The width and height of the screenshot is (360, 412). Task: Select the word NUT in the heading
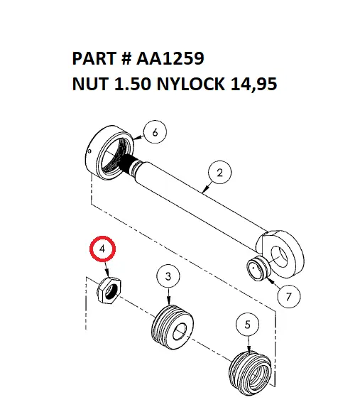click(x=91, y=85)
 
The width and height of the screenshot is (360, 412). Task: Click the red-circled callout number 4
click(x=103, y=249)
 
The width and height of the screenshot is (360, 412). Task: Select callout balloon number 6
click(x=157, y=131)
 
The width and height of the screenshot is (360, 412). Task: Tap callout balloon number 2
click(x=220, y=173)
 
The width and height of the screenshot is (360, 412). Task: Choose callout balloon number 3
click(x=168, y=276)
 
